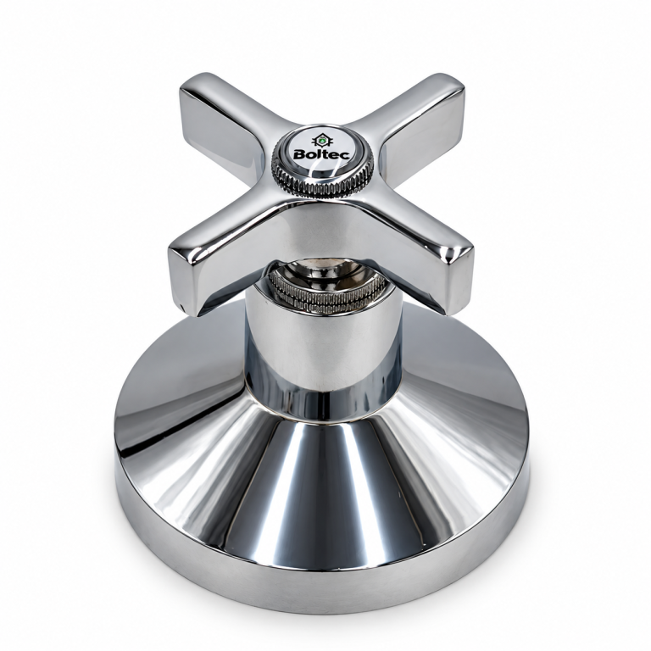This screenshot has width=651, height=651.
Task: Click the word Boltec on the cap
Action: click(x=321, y=154)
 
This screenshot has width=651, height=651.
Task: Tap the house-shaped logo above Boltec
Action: click(x=321, y=140)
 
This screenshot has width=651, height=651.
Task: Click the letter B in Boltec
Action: click(x=299, y=155)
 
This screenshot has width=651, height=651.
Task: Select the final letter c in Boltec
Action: click(x=345, y=156)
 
